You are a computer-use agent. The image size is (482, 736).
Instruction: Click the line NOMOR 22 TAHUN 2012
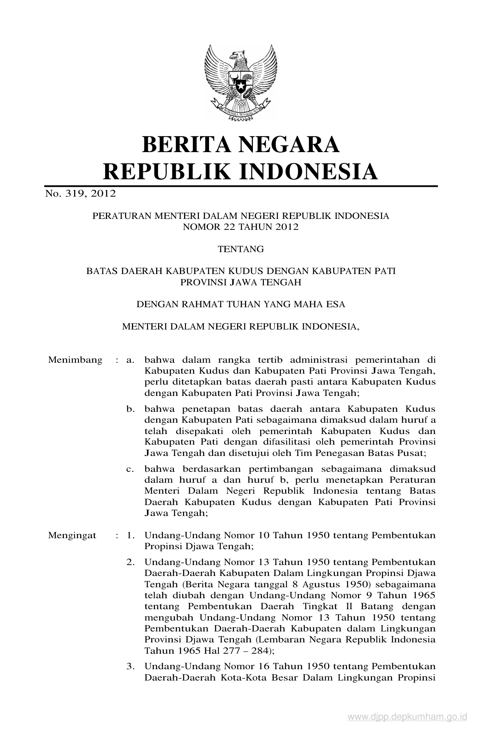click(x=240, y=227)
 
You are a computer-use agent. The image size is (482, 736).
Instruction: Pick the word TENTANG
click(x=240, y=249)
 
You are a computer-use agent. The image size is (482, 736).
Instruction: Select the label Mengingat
click(x=72, y=535)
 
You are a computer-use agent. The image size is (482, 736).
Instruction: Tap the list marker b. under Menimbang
click(x=130, y=409)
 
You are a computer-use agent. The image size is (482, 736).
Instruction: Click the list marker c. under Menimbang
click(x=130, y=469)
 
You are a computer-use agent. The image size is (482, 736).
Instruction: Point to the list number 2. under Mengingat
click(x=130, y=562)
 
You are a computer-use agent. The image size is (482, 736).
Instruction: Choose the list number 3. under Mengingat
click(x=130, y=667)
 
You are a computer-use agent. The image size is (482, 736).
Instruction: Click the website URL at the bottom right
click(x=408, y=717)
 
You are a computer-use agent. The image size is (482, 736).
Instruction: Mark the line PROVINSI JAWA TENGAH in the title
click(x=240, y=282)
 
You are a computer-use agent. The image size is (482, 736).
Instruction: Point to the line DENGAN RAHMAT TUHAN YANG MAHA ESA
click(x=240, y=304)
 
